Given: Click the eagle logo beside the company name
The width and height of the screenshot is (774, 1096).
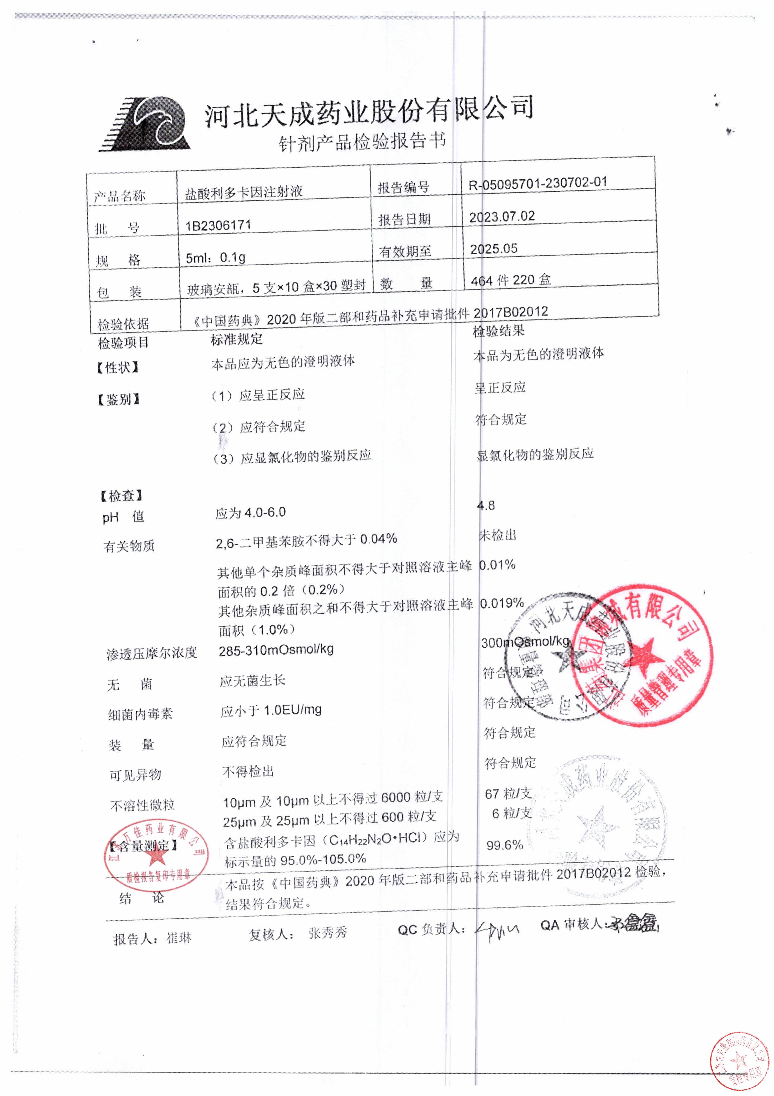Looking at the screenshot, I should tap(145, 125).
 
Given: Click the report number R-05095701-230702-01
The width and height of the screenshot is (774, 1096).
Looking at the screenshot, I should tap(537, 183).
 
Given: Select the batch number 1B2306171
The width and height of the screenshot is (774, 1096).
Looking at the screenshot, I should tap(218, 225).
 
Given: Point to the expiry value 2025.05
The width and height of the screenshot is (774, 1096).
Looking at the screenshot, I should tap(493, 249).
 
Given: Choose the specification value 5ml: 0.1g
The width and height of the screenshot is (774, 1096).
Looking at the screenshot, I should tap(216, 258).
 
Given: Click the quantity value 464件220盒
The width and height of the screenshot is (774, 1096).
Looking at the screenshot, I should tap(511, 280).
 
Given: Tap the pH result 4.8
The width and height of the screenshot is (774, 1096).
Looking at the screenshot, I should tap(486, 505).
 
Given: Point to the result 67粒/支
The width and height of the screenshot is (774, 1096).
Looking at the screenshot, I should tap(508, 794).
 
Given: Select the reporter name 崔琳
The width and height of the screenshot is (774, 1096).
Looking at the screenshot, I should tap(179, 938).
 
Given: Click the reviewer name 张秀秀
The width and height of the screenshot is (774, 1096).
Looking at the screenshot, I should tap(327, 932).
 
